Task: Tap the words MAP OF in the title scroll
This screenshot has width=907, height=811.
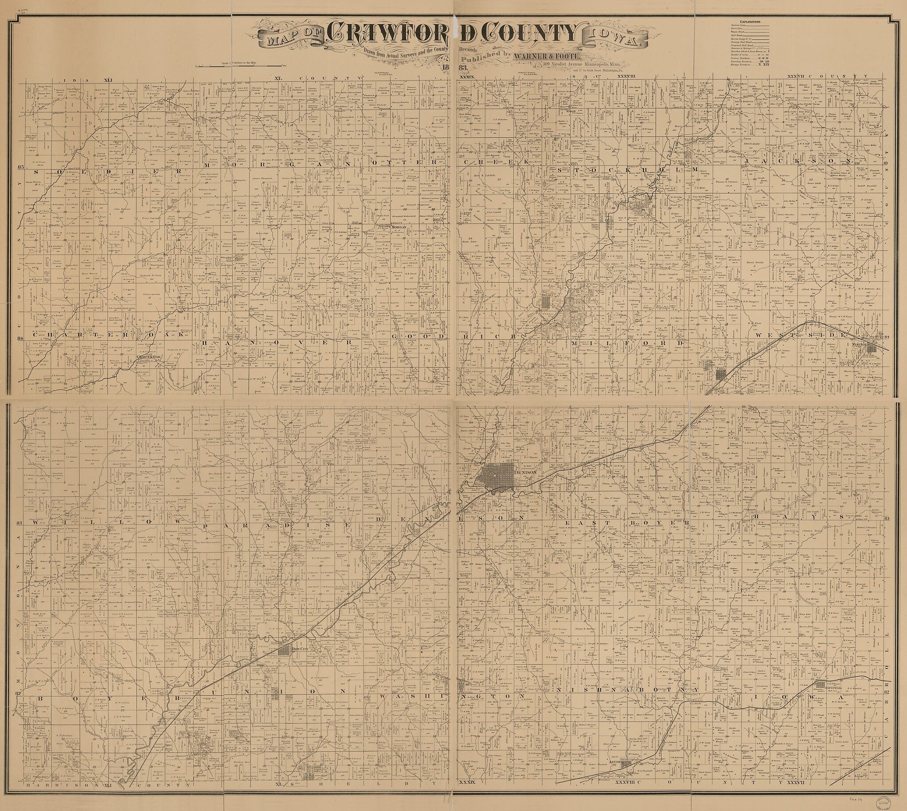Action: coord(290,42)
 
